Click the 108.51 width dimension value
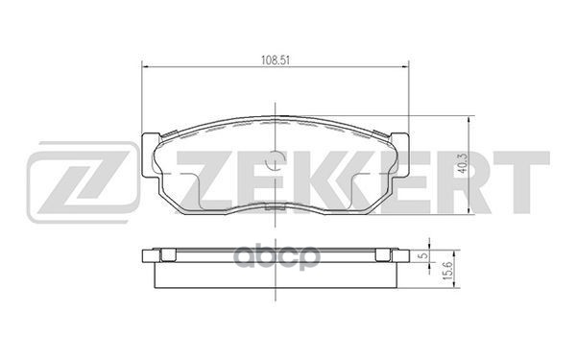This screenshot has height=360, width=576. [x=276, y=54]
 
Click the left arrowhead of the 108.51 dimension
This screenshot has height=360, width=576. [x=146, y=64]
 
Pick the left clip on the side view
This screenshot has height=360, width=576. [x=165, y=255]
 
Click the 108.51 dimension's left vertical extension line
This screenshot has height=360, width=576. [x=142, y=96]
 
